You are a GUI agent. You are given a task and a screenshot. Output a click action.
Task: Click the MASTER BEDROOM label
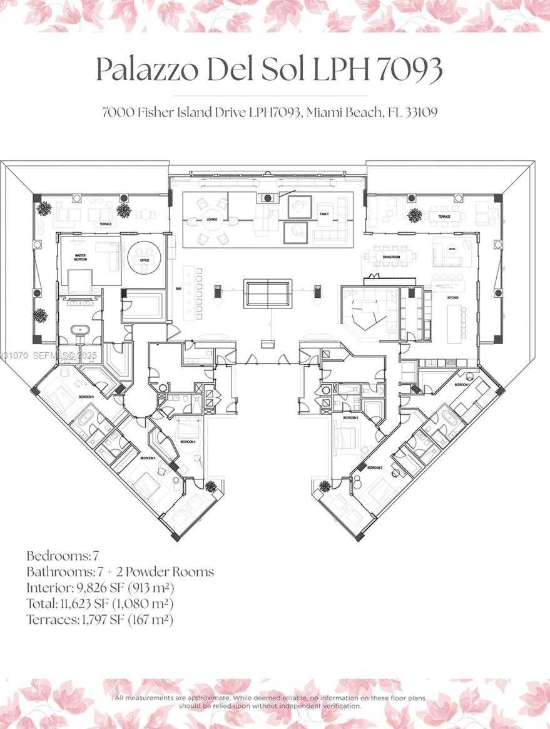point(81,258)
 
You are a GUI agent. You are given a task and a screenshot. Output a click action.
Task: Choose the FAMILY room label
point(323,214)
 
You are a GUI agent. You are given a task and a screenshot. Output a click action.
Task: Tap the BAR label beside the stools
point(179,289)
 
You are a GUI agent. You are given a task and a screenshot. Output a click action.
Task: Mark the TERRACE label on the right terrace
point(444,217)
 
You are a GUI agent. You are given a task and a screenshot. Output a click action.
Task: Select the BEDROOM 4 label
point(188,442)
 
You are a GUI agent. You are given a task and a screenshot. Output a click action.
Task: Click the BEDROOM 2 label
point(375,467)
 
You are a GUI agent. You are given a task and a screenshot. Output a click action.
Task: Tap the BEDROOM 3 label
point(350,417)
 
